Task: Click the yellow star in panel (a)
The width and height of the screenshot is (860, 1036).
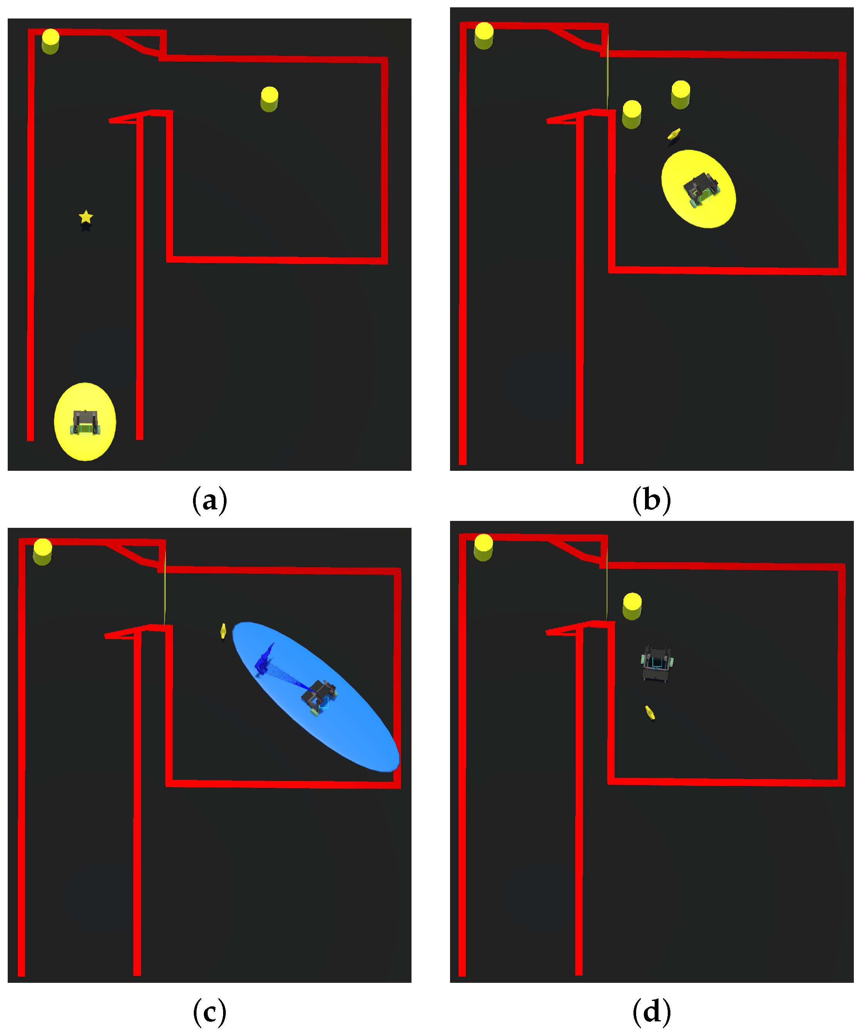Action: pos(86,217)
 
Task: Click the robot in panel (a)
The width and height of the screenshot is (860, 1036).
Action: pos(86,423)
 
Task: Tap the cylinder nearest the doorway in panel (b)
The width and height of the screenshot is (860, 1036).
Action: pos(632,114)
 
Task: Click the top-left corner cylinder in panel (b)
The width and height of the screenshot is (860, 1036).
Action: pos(484,35)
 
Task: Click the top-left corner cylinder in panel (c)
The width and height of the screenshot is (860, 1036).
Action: pos(42,552)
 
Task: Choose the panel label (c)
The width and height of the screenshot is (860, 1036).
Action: pos(210,1012)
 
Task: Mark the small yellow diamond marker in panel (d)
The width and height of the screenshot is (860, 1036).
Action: pos(650,712)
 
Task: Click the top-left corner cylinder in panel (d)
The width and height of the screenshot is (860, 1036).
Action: pos(484,547)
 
